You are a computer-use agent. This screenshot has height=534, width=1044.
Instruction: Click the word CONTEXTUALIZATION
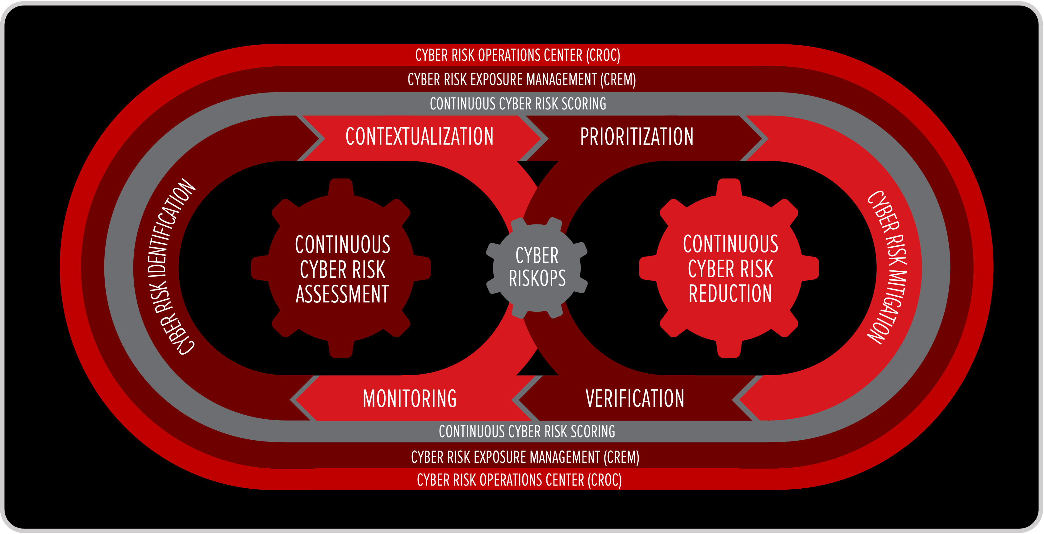coord(420,137)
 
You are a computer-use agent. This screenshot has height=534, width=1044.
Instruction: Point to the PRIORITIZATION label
coord(637,137)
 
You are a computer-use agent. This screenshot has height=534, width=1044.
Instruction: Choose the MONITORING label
coord(410,398)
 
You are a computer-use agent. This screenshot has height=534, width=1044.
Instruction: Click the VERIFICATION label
coord(635,398)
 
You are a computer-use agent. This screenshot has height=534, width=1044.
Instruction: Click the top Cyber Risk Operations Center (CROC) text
coord(518,55)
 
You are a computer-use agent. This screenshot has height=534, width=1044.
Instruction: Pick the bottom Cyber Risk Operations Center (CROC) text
coord(519,480)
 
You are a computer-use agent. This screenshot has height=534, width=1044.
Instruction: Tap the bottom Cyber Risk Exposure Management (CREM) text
coord(525,458)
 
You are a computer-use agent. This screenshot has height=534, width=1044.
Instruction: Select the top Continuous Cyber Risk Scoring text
coord(518,104)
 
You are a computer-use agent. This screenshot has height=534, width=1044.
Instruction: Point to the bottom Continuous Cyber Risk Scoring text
coord(527,432)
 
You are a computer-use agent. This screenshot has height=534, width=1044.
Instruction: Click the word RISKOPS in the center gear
coord(537,278)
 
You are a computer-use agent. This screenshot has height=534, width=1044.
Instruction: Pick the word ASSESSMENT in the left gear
coord(342,294)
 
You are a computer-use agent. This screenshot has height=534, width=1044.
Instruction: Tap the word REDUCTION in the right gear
coord(730,294)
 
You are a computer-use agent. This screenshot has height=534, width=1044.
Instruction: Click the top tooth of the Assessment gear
coord(341,187)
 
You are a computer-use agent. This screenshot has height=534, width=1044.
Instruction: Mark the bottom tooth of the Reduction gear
coord(729,349)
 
